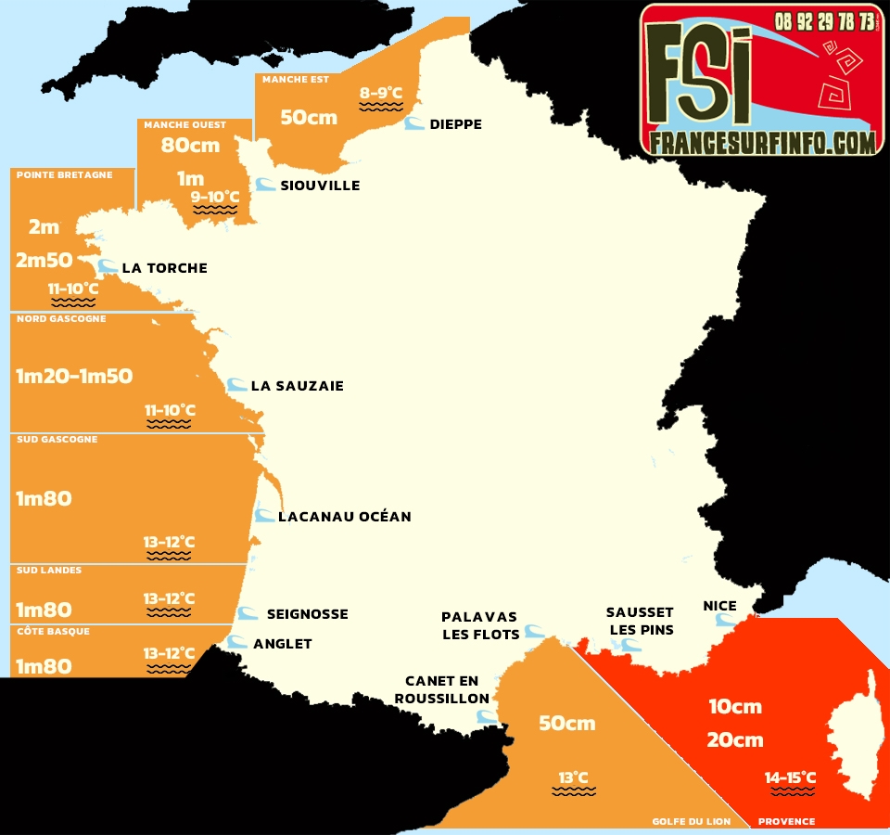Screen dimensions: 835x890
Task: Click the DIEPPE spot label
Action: coord(455,124)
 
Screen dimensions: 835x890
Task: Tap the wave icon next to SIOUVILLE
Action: coord(264,185)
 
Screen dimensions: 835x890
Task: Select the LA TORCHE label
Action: coord(164,268)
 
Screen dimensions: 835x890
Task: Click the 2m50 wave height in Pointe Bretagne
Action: coord(44,261)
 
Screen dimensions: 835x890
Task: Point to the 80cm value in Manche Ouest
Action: coord(190,146)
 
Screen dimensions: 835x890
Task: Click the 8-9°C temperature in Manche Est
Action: coord(381,93)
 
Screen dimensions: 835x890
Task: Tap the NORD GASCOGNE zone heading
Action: coord(61,319)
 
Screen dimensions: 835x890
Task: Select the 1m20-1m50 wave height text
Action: coord(74,377)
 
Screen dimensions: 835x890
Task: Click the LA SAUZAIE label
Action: coord(297,386)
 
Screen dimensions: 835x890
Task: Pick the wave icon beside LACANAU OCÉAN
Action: coord(265,515)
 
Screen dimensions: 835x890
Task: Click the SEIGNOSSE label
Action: coord(307,614)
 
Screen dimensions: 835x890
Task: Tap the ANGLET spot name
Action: coord(282,644)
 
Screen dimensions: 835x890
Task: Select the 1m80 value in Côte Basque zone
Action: coord(44,666)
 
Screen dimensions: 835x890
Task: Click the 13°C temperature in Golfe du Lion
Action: coord(573,777)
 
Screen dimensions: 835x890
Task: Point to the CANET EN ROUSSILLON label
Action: coord(441,690)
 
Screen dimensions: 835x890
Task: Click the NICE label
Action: coord(719,606)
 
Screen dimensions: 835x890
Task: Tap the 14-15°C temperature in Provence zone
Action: coord(790,777)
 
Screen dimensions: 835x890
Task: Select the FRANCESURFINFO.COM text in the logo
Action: coord(763,142)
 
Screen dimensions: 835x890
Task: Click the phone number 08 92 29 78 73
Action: coord(824,20)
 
